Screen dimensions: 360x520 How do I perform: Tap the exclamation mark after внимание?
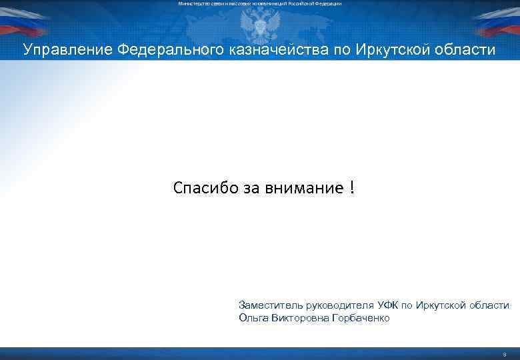(x=351, y=188)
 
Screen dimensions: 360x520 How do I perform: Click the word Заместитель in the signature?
(x=270, y=305)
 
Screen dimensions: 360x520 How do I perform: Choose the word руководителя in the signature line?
(x=339, y=305)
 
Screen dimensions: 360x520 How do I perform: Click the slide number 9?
(x=504, y=354)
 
